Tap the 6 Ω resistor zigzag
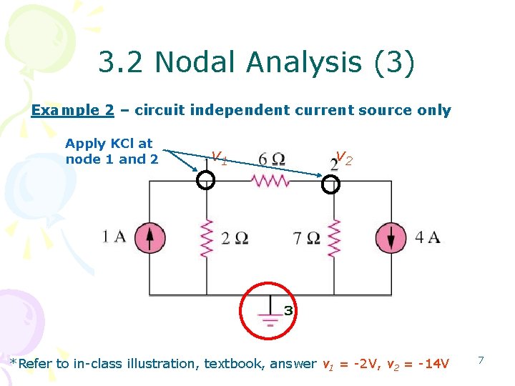(x=270, y=182)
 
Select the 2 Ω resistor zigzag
(x=207, y=238)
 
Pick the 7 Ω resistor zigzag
(x=333, y=238)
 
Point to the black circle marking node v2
(x=331, y=185)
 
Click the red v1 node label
(x=220, y=157)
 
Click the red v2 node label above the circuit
(x=343, y=157)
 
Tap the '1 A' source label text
(x=114, y=237)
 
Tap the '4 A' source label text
(x=427, y=237)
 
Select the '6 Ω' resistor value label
(x=272, y=159)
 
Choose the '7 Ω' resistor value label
(x=307, y=238)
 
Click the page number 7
(x=481, y=360)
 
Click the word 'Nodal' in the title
(x=190, y=63)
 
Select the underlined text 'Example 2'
(x=73, y=110)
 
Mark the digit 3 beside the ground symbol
(x=288, y=311)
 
